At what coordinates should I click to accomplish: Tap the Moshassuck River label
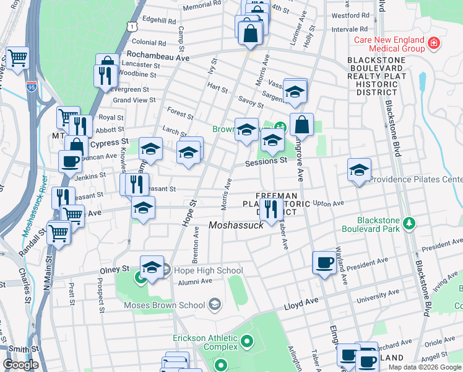pos(33,208)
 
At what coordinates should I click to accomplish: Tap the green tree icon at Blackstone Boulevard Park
pos(408,222)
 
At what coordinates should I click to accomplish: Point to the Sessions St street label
pos(266,161)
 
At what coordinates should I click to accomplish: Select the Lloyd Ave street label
pos(301,302)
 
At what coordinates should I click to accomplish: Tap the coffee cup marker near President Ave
pos(324,263)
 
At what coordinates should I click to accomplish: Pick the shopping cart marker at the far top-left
pos(18,58)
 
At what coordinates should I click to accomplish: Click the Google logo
pos(20,365)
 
